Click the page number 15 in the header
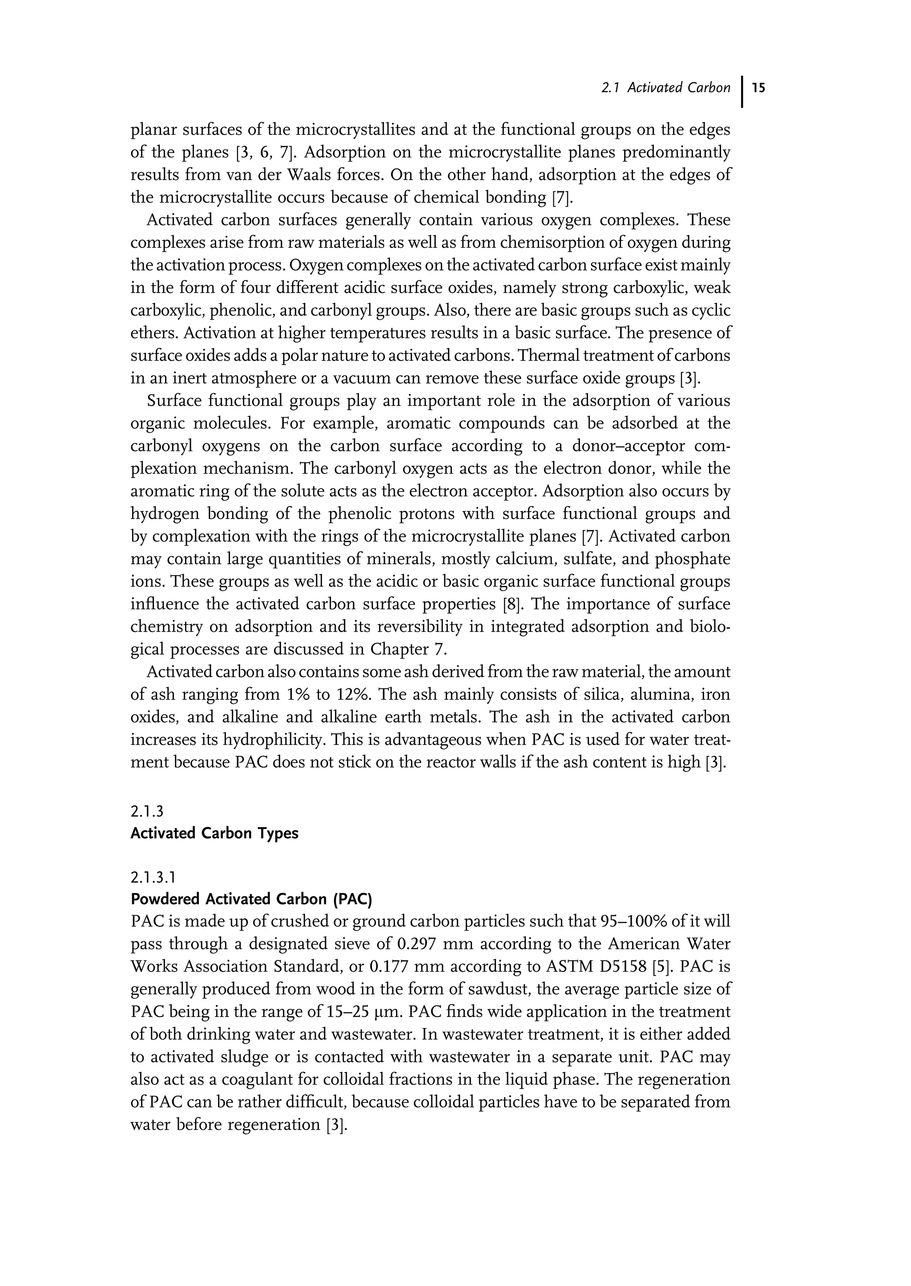point(759,88)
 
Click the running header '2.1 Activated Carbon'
point(665,88)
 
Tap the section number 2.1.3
point(146,812)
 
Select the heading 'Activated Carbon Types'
point(214,833)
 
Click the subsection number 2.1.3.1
point(153,877)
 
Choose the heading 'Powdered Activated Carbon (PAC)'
point(251,899)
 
